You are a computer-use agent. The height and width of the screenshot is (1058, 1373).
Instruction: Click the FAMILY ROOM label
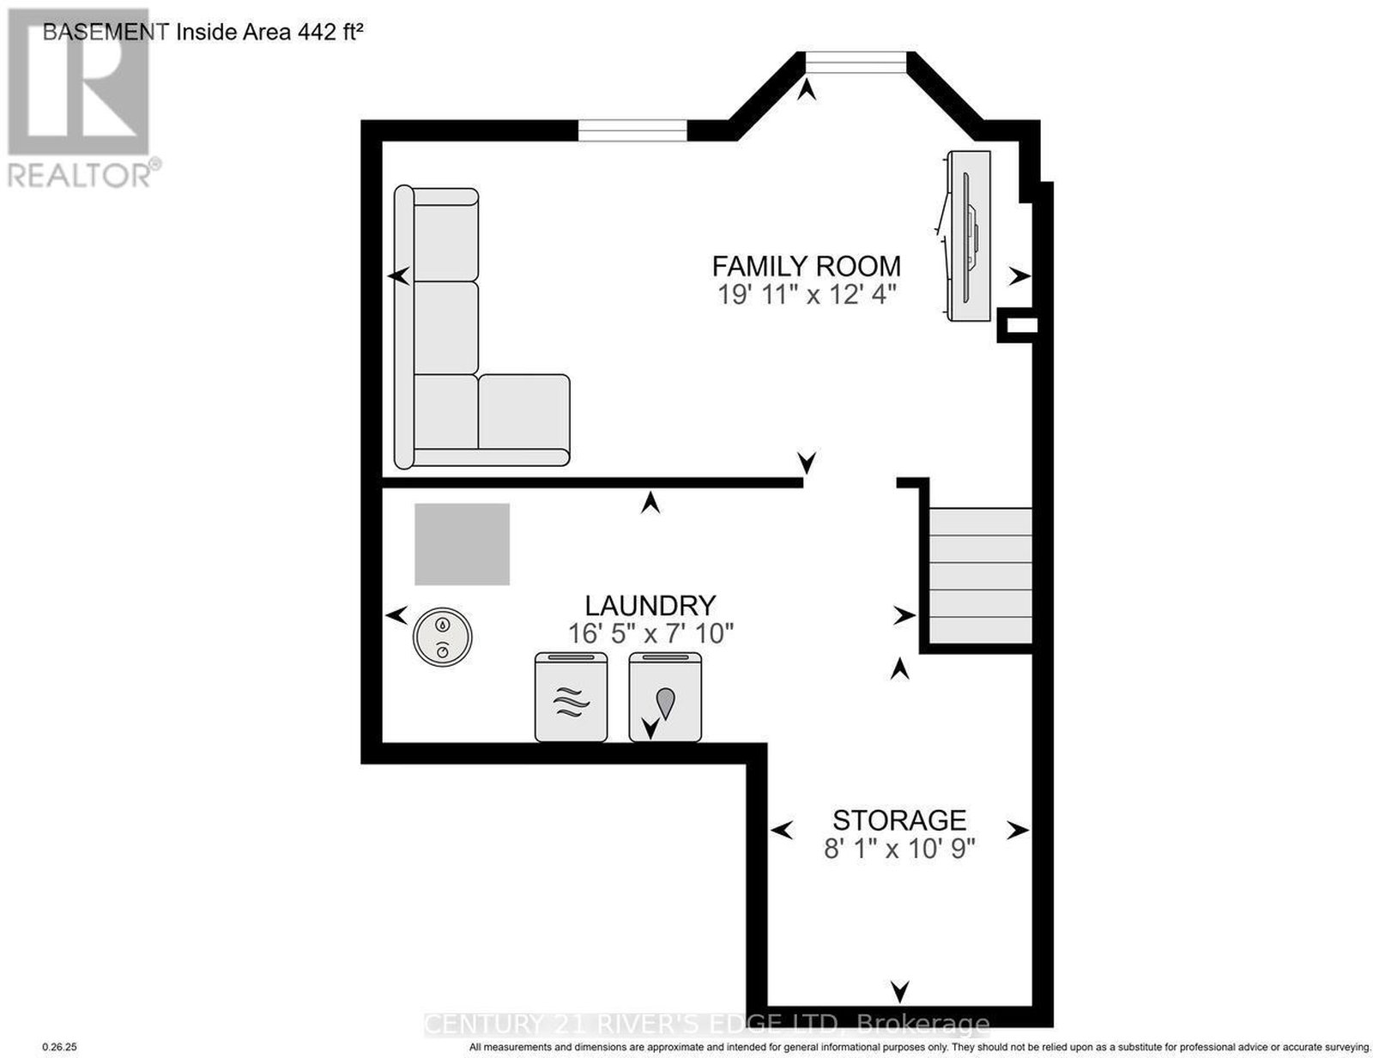click(807, 267)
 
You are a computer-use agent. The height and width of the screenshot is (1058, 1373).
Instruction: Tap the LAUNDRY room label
click(650, 606)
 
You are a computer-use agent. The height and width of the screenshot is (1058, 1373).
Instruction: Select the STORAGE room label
click(899, 820)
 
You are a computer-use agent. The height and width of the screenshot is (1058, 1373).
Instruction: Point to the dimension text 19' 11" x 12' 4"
click(807, 295)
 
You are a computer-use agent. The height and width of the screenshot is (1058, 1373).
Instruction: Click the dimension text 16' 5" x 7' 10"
click(650, 633)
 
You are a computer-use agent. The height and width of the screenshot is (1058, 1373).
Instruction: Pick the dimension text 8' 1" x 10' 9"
click(899, 849)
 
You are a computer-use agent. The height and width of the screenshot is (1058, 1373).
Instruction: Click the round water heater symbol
click(442, 638)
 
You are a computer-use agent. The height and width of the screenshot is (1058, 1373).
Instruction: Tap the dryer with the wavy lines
click(571, 697)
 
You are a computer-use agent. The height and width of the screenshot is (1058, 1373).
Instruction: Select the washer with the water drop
click(665, 697)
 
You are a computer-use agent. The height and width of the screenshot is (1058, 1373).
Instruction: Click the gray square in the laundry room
click(462, 544)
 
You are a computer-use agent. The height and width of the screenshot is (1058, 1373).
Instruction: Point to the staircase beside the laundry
click(981, 576)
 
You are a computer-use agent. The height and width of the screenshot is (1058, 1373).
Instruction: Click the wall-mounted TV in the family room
click(967, 236)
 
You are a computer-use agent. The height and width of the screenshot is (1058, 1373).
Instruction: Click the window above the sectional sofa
click(632, 130)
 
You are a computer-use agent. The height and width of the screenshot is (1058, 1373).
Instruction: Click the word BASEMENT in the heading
click(106, 33)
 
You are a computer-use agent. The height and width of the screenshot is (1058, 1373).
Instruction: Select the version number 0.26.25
click(59, 1047)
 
